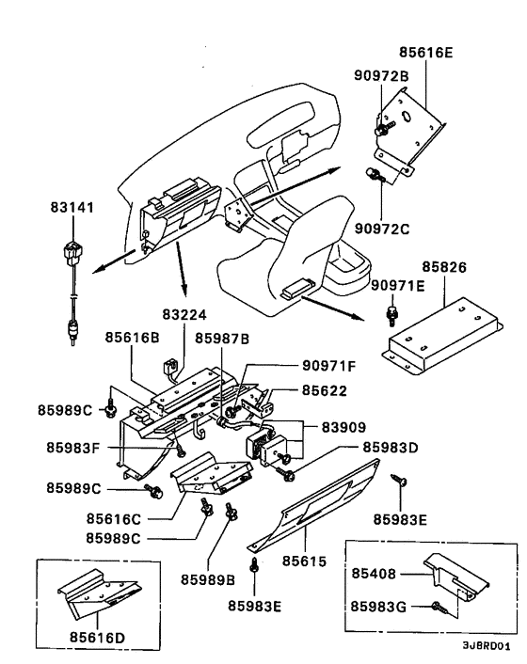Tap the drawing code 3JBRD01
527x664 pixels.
tap(486, 647)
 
